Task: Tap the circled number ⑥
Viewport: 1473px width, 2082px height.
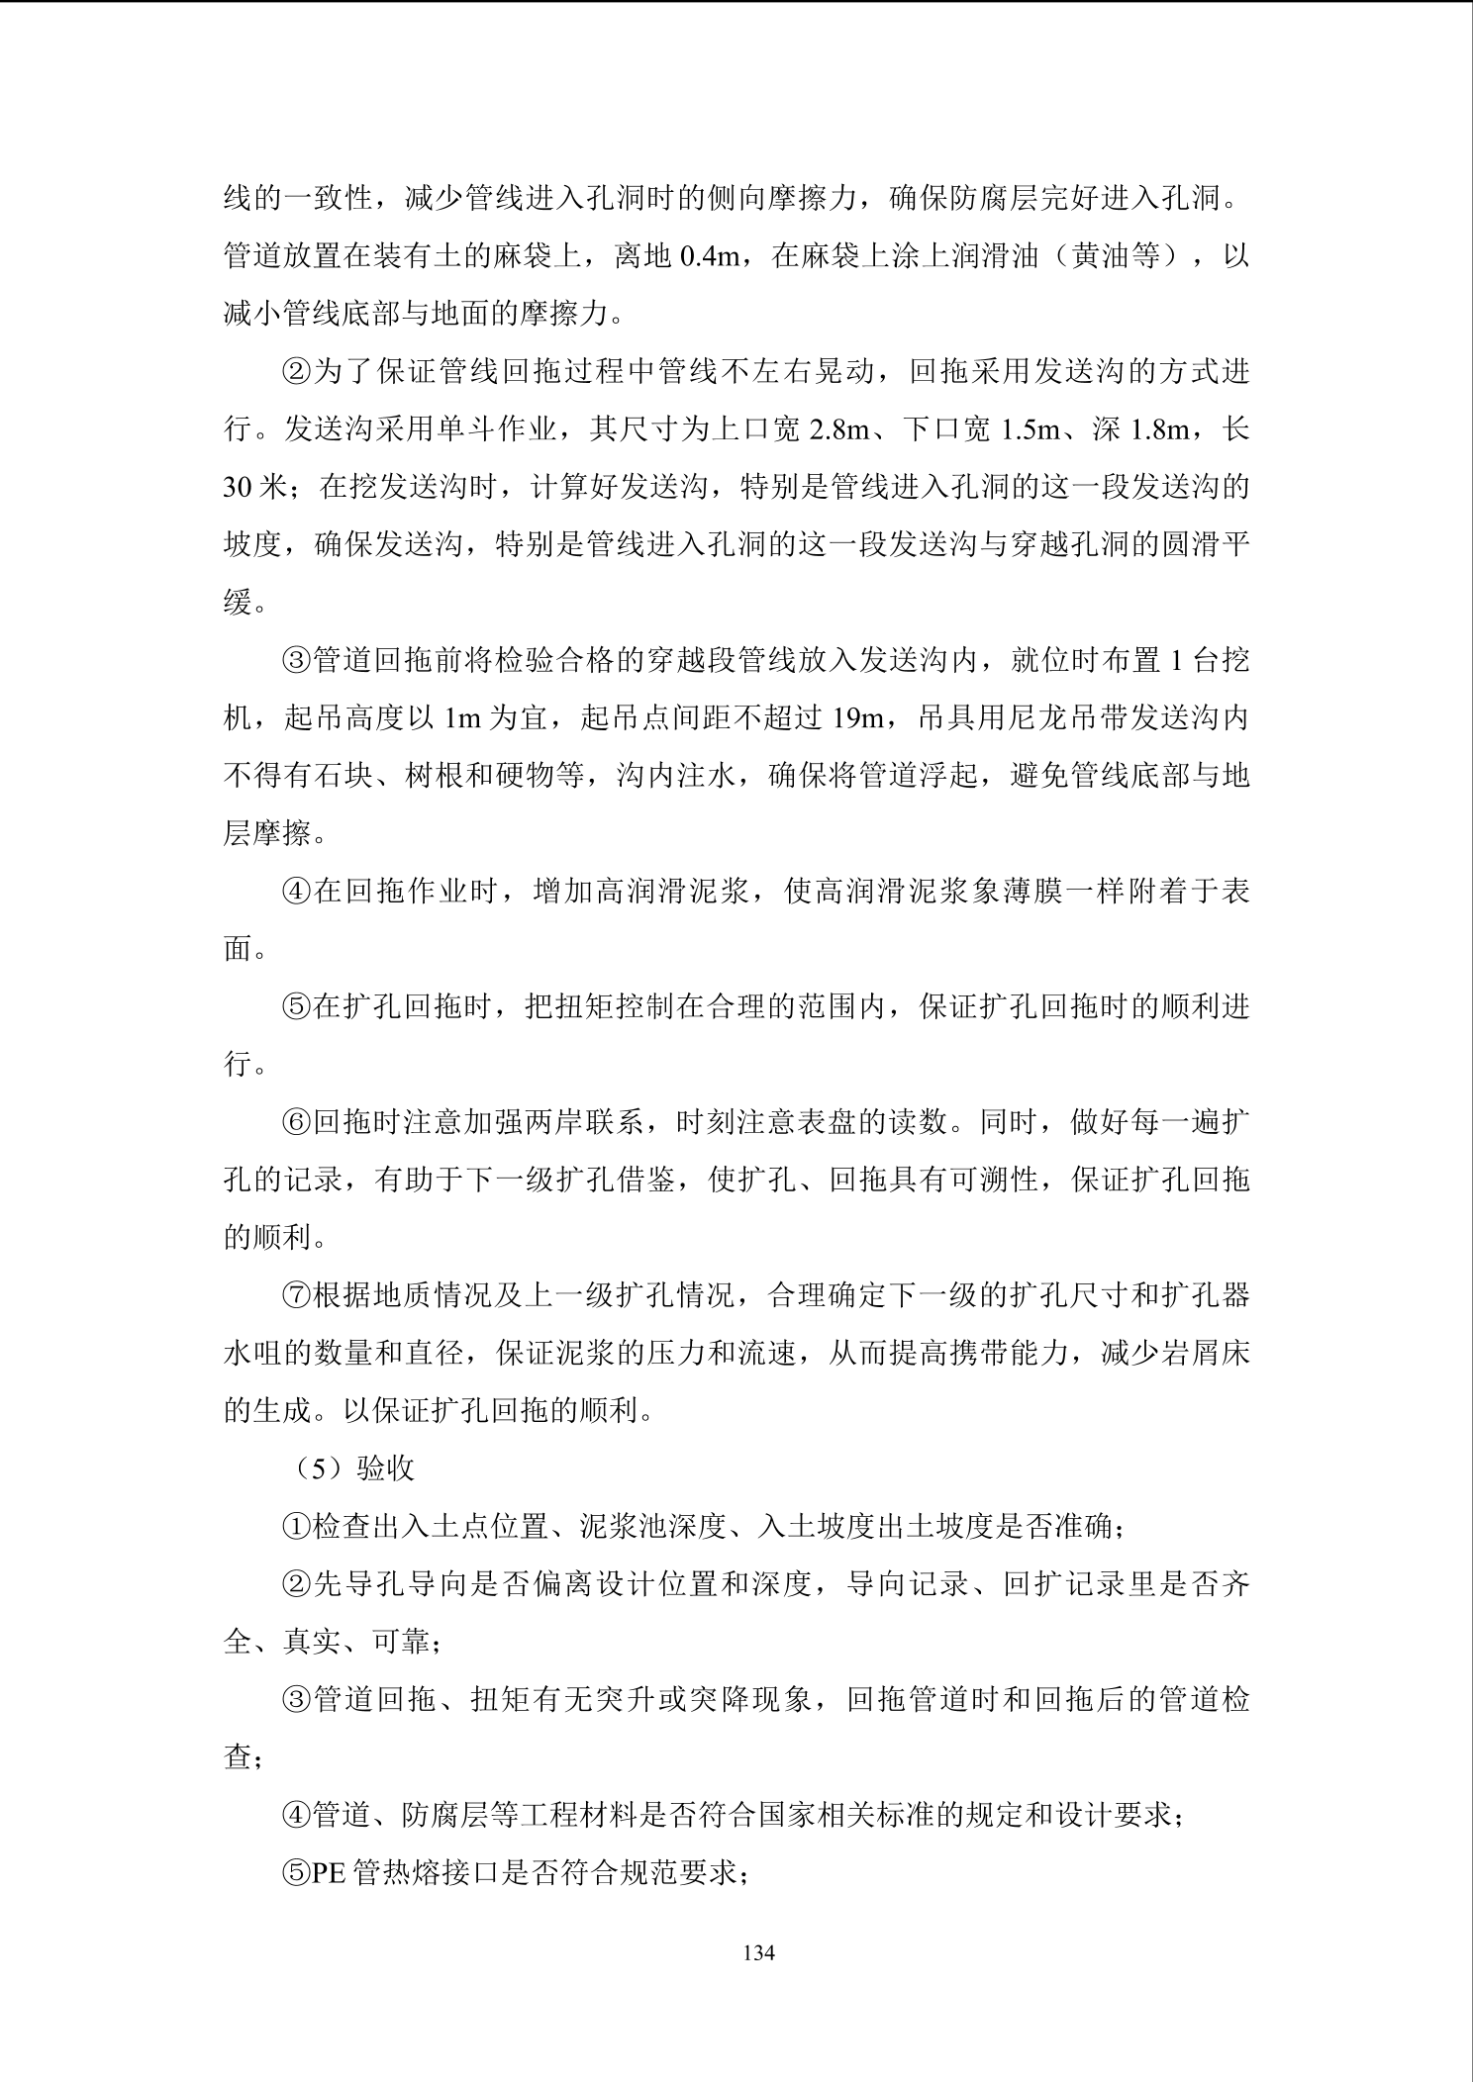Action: pos(297,1123)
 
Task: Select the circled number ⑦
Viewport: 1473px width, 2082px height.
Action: pos(297,1296)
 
